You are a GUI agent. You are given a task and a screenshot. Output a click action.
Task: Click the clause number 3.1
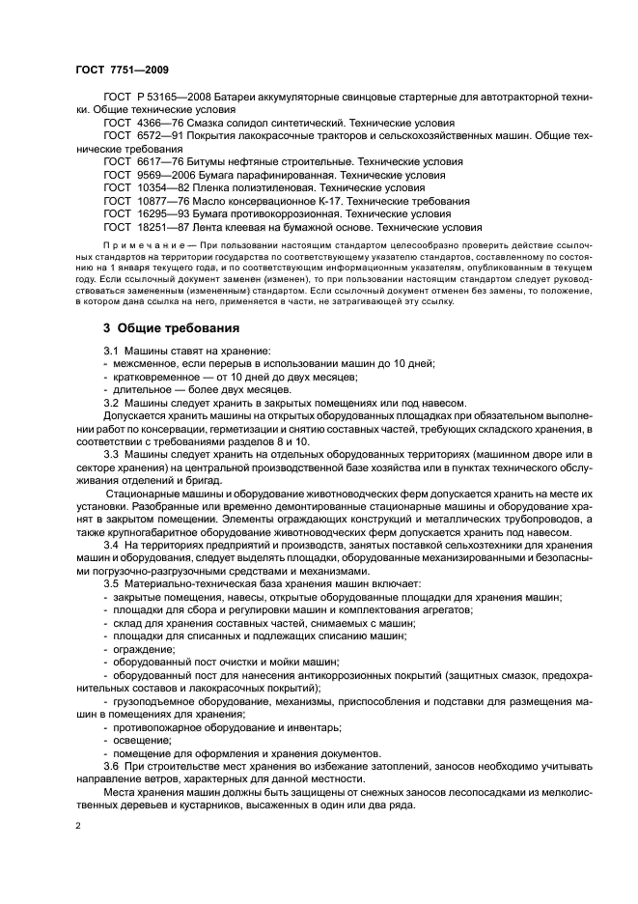point(111,350)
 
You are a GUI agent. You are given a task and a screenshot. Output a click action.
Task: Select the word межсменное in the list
point(141,363)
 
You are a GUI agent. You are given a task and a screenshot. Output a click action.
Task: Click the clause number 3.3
point(111,454)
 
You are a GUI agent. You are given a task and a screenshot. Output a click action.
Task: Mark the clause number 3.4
point(111,547)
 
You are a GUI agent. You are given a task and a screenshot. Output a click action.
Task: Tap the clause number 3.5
point(111,584)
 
